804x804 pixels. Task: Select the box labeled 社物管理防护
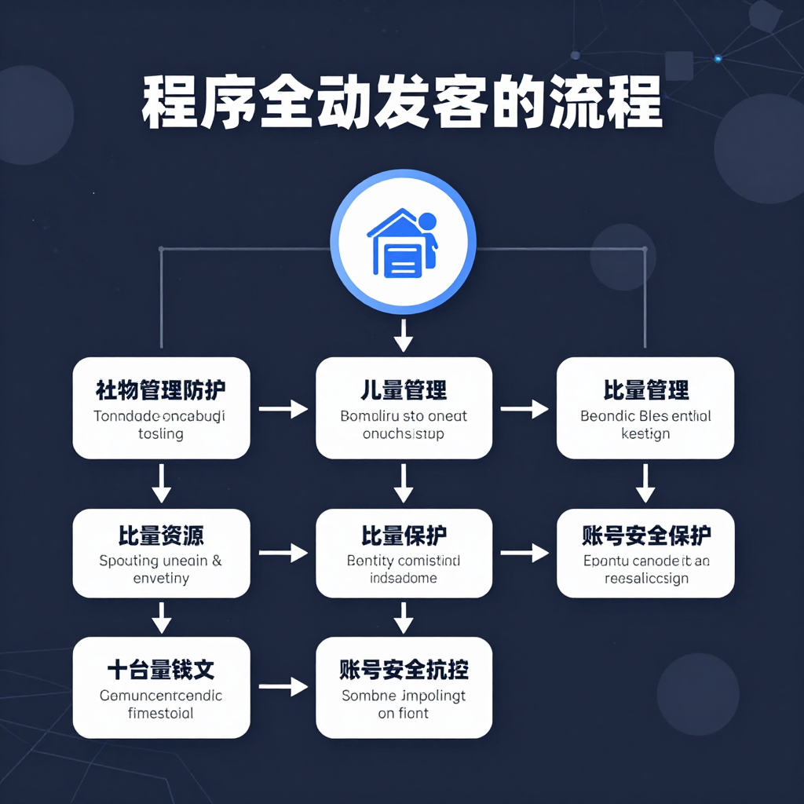161,407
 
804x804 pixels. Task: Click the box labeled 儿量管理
404,407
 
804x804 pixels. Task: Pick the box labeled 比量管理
645,407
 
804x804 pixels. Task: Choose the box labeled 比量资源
161,553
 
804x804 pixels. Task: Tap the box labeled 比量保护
404,553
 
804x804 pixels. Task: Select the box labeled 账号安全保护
645,553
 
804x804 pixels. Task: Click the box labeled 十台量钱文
161,687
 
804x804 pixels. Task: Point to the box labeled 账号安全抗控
404,687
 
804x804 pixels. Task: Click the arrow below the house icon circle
403,334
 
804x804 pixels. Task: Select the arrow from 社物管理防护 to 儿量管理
283,408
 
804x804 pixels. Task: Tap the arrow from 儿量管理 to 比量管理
524,408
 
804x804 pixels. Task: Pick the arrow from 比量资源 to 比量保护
283,553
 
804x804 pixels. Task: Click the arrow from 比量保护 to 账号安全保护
524,553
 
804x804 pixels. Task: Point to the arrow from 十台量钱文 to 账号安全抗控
283,687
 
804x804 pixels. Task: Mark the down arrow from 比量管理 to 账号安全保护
645,483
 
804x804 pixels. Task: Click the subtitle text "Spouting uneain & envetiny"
161,569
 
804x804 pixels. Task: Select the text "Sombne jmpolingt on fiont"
404,703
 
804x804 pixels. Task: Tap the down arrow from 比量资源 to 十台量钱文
161,617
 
